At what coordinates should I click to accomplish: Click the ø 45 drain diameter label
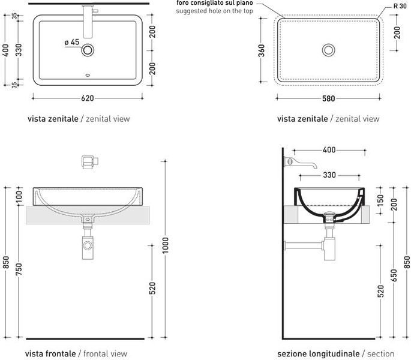pyautogui.click(x=72, y=42)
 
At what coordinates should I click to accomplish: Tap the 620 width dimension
pyautogui.click(x=87, y=98)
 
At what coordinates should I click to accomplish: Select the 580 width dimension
pyautogui.click(x=328, y=98)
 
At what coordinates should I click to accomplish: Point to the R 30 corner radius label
pyautogui.click(x=400, y=6)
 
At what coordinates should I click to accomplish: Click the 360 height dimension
pyautogui.click(x=262, y=50)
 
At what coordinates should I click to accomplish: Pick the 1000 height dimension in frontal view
pyautogui.click(x=165, y=245)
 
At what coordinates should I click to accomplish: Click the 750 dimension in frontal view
pyautogui.click(x=19, y=269)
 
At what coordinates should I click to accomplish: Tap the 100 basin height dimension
pyautogui.click(x=19, y=197)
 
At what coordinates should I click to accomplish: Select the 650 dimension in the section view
pyautogui.click(x=394, y=275)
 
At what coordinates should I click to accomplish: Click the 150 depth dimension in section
pyautogui.click(x=380, y=200)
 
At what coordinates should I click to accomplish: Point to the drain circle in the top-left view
pyautogui.click(x=88, y=50)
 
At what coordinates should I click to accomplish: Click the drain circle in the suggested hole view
pyautogui.click(x=328, y=50)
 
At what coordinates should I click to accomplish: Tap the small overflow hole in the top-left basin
pyautogui.click(x=88, y=75)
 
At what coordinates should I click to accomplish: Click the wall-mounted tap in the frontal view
pyautogui.click(x=90, y=162)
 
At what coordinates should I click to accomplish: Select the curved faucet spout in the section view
pyautogui.click(x=301, y=163)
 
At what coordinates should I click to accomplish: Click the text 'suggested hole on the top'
pyautogui.click(x=214, y=11)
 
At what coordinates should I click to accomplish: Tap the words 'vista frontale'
pyautogui.click(x=50, y=354)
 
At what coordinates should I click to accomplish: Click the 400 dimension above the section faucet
pyautogui.click(x=329, y=150)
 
